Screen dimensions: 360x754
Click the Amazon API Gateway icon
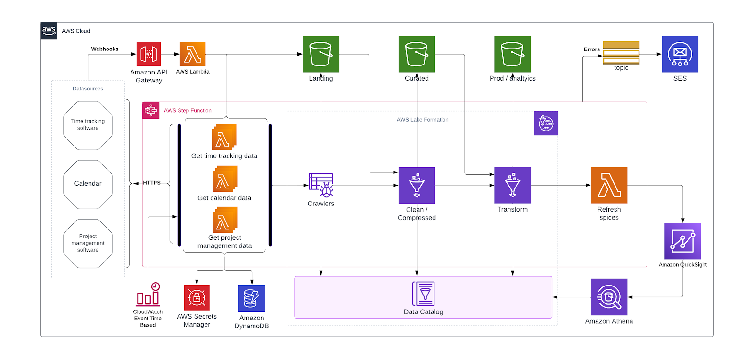pos(148,54)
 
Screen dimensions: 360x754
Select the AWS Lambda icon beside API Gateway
pos(192,54)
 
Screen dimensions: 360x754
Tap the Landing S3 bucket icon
pos(321,54)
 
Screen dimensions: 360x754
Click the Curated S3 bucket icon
pos(417,54)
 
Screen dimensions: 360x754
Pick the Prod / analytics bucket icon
pos(513,54)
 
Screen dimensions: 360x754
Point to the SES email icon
pos(680,54)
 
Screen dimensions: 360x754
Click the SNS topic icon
pos(621,53)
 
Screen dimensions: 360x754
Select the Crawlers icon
pos(321,185)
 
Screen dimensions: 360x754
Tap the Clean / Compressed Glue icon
pos(417,185)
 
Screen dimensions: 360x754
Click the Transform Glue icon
pos(513,185)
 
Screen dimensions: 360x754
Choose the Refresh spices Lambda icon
pos(609,185)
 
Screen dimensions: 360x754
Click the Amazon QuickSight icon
pos(682,241)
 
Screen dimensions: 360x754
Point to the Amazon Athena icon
pos(609,297)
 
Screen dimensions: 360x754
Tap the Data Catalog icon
pos(423,294)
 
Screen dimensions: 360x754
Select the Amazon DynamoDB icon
pos(252,298)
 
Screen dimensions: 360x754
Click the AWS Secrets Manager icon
pos(197,298)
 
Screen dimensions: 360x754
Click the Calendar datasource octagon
pos(88,184)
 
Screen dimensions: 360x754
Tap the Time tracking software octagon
pos(88,125)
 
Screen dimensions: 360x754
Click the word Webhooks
pos(105,49)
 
